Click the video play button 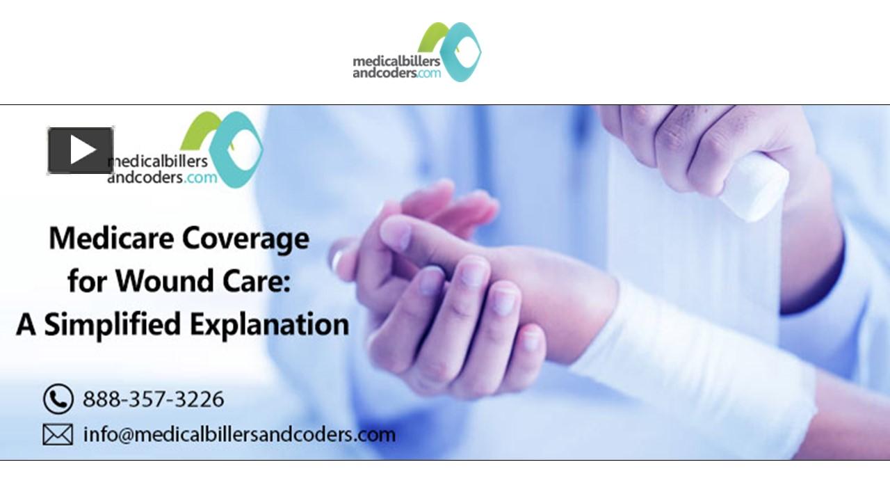[x=81, y=150]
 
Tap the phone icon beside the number [x=58, y=399]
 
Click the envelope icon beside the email [x=58, y=435]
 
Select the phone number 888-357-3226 [x=154, y=399]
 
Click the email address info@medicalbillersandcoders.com [x=239, y=435]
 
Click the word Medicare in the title [x=111, y=239]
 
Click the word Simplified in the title [x=120, y=326]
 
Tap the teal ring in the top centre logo [x=462, y=52]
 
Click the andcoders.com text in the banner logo [x=162, y=178]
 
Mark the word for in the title [x=88, y=282]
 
